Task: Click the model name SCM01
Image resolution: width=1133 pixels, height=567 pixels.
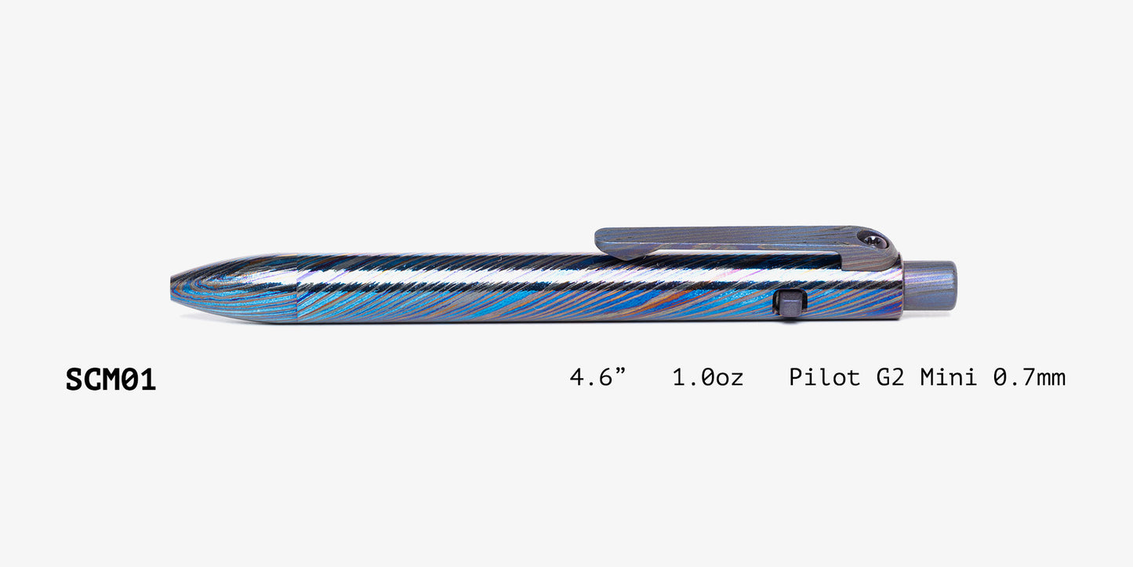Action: point(111,380)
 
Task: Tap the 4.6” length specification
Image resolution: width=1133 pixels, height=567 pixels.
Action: point(597,377)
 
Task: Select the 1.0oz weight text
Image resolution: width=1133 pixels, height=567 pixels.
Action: point(707,378)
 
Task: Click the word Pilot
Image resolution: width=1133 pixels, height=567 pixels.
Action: point(824,377)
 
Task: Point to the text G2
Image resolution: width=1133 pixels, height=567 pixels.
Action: point(890,378)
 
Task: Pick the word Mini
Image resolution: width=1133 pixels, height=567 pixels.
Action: point(949,377)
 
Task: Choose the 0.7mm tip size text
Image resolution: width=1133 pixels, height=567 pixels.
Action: point(1030,378)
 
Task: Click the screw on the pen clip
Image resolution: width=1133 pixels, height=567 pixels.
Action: point(872,240)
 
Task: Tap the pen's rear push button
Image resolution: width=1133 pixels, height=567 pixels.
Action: point(930,285)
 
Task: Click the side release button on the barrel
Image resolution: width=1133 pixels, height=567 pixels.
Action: point(790,303)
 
